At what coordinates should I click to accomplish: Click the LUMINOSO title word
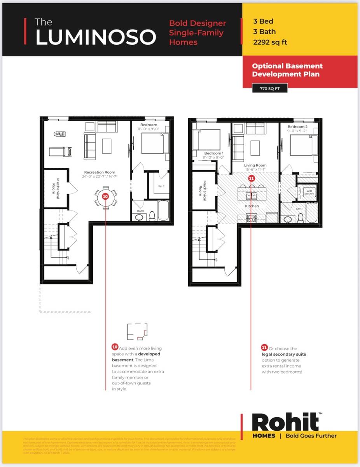coord(96,37)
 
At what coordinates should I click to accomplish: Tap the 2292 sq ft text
coord(270,42)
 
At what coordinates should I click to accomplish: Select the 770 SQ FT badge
coord(270,89)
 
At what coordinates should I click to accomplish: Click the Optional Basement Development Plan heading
coord(287,70)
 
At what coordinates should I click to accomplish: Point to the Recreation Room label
coord(100,172)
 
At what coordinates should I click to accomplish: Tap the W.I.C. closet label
coord(161,186)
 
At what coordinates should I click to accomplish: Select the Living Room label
coord(255,165)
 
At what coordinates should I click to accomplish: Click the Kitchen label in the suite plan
coord(252,206)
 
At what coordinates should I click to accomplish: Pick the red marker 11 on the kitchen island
coord(251,179)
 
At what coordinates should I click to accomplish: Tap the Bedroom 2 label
coord(297,127)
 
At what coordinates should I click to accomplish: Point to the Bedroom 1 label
coord(214,153)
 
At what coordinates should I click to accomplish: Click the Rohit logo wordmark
coord(285,422)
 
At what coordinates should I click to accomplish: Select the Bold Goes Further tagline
coord(311,436)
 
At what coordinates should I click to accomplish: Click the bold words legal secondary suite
coord(284,355)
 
